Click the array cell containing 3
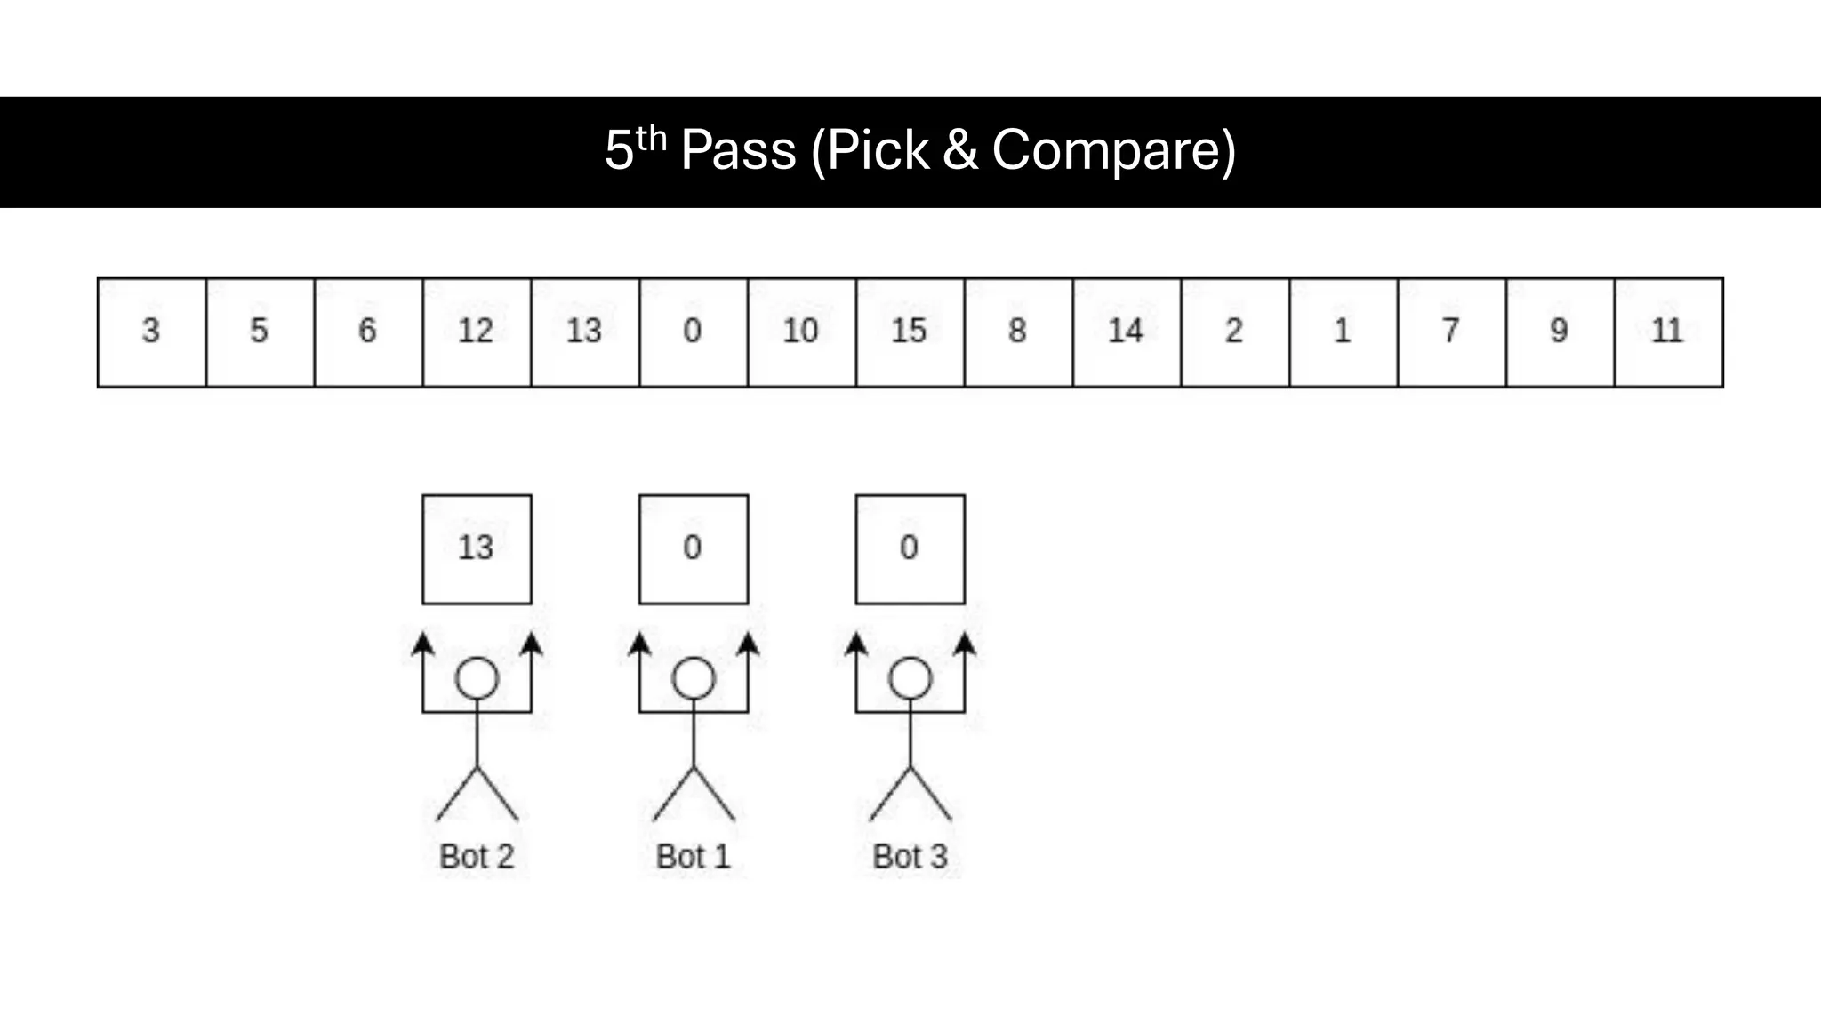[151, 332]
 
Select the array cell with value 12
[477, 332]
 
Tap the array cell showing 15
[910, 332]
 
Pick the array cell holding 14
[1127, 332]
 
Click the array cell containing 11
[1668, 332]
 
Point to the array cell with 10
[801, 332]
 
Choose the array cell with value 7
[1451, 332]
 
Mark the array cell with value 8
[1018, 332]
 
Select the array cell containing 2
[1235, 332]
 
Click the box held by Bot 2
[477, 549]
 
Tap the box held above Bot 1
[694, 549]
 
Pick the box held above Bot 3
[910, 549]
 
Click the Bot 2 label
[477, 857]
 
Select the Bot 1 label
[694, 857]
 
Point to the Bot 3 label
[910, 857]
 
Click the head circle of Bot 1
[694, 679]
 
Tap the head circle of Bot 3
[910, 679]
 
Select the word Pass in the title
[738, 150]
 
